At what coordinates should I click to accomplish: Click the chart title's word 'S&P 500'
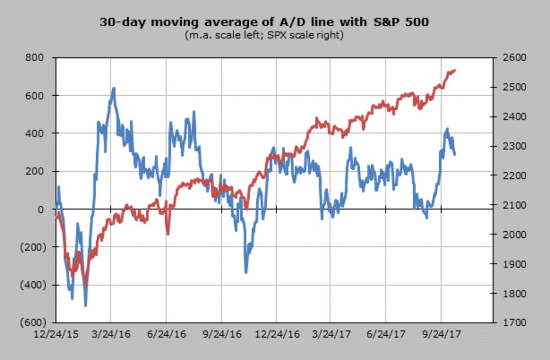(404, 22)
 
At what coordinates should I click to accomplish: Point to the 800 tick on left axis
(35, 58)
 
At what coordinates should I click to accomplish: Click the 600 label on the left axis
(35, 96)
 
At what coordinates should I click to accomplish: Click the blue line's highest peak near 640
(113, 88)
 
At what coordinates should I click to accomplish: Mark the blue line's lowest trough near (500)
(86, 305)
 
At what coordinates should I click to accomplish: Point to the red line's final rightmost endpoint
(455, 71)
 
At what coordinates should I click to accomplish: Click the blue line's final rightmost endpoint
(455, 154)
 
